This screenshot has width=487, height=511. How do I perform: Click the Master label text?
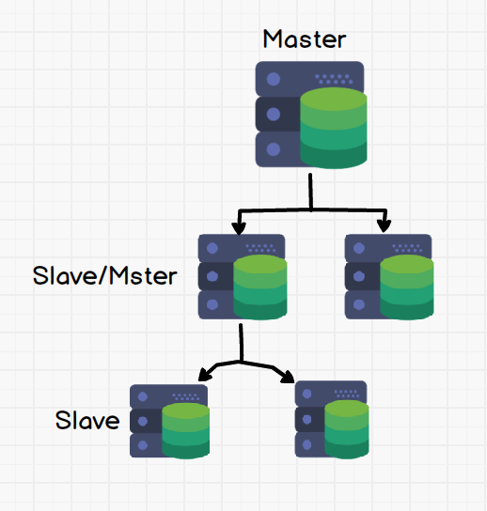[x=305, y=39]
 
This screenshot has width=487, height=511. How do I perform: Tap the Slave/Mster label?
[x=104, y=276]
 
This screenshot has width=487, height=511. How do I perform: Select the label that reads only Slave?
[x=87, y=420]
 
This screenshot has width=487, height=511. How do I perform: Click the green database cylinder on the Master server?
[x=334, y=128]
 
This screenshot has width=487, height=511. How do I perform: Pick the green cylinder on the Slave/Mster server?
[x=260, y=287]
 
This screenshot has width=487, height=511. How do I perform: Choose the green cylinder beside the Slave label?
[x=185, y=431]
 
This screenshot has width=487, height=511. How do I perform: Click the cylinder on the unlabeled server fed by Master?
[x=407, y=287]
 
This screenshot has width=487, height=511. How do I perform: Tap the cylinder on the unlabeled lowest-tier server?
[x=347, y=429]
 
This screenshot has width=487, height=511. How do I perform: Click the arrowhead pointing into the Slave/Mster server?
[x=239, y=228]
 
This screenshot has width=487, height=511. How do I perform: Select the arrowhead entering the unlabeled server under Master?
[x=384, y=226]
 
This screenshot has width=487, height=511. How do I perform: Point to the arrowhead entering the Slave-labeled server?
[x=205, y=375]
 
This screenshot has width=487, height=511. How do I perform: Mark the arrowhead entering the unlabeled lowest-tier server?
[x=288, y=377]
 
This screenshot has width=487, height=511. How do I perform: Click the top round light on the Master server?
[x=274, y=79]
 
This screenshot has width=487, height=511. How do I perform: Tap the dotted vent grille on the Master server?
[x=334, y=79]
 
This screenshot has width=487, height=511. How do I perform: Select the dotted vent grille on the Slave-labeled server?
[x=185, y=396]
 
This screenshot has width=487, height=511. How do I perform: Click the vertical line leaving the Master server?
[x=310, y=192]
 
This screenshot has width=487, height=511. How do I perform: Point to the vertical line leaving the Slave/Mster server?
[x=241, y=342]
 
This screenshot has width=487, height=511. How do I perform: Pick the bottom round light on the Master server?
[x=274, y=149]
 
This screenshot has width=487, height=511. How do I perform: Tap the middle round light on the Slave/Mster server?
[x=212, y=276]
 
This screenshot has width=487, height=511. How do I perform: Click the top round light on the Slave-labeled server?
[x=143, y=396]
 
